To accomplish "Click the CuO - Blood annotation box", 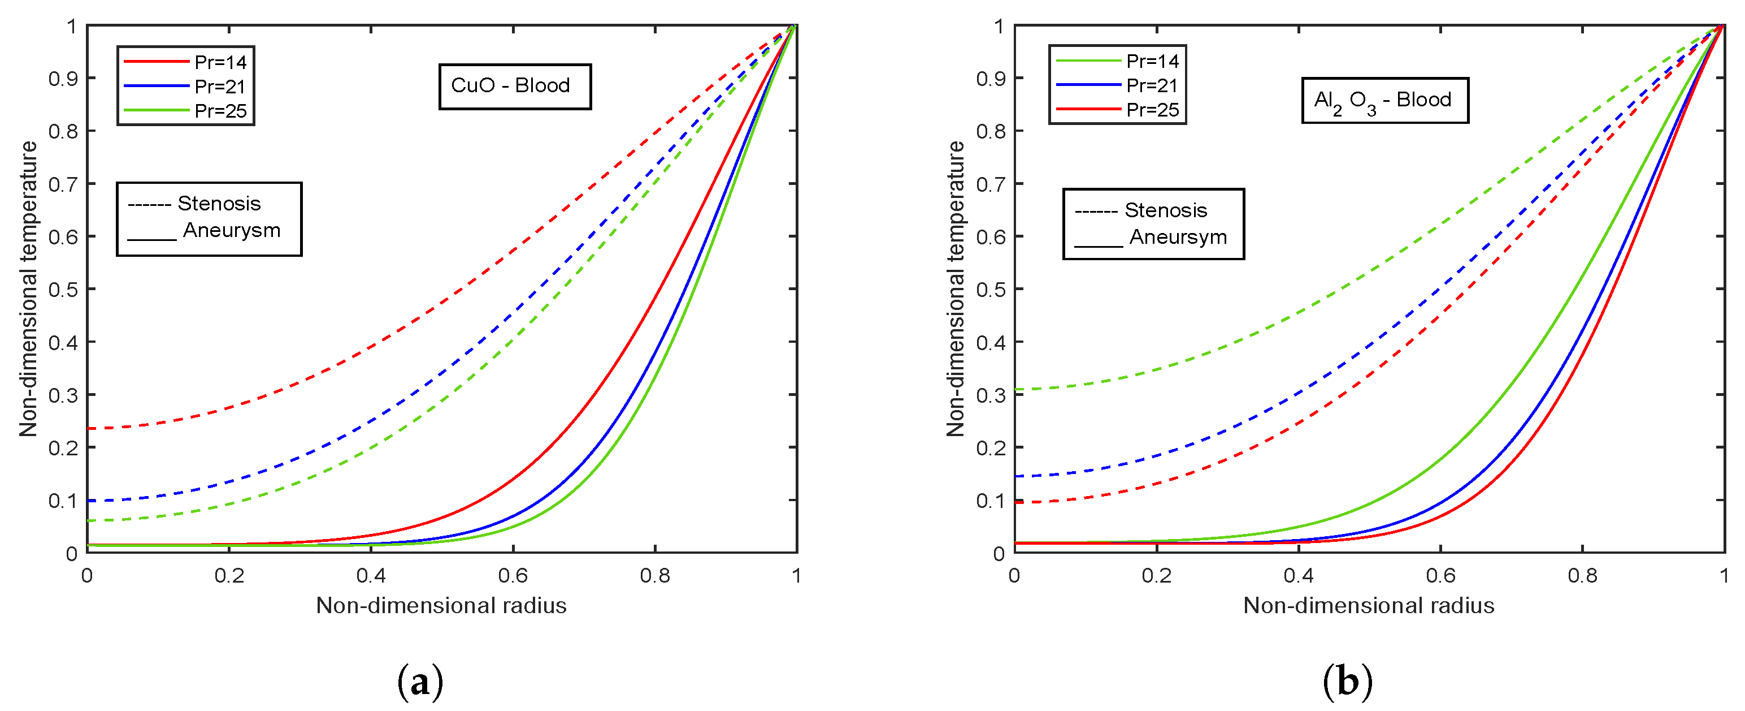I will [x=514, y=86].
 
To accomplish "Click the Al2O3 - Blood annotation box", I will [x=1384, y=100].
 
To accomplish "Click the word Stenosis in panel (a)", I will [x=219, y=203].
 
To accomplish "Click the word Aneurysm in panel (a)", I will [x=231, y=230].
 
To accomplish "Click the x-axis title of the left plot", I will [x=441, y=605].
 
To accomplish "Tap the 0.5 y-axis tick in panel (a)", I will [x=62, y=290].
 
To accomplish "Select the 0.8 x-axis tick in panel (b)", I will [x=1582, y=575].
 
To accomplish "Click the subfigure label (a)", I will [x=420, y=682].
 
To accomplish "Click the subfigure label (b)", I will [x=1347, y=682].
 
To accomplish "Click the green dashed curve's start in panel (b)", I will [x=1017, y=389].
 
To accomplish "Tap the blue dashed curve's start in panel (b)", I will [x=1017, y=476].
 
